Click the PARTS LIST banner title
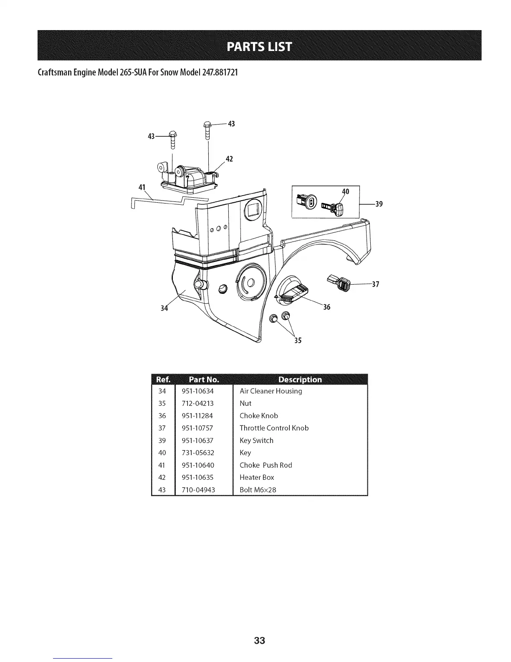point(259,46)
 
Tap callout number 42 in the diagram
point(229,159)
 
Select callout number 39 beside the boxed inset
point(379,204)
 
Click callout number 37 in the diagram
point(375,285)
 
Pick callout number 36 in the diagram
point(326,307)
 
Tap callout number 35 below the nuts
point(297,340)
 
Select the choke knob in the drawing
point(291,291)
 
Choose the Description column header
point(300,379)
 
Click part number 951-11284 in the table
point(197,416)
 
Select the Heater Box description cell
point(257,477)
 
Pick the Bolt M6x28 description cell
point(258,490)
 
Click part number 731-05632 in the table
point(198,453)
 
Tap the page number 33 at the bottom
point(259,641)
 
